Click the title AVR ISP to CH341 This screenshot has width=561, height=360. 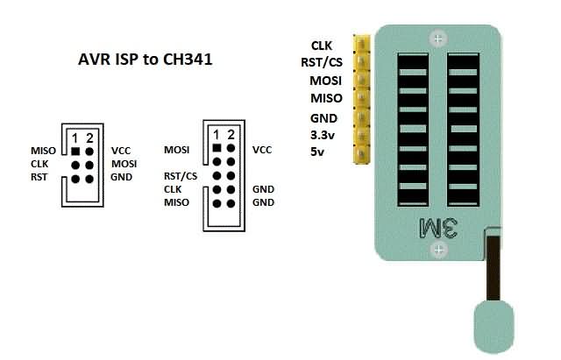coord(146,60)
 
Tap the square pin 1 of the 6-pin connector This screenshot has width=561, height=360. coord(75,152)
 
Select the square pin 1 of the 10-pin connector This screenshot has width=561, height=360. coord(217,148)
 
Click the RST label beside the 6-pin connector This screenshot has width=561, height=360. coord(39,177)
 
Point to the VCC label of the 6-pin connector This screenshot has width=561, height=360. coord(121,151)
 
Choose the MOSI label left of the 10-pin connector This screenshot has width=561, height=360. coord(177,150)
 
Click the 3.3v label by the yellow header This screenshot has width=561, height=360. coord(323,135)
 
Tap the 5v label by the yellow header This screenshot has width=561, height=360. coord(317,152)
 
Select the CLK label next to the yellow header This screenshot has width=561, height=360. coord(322,46)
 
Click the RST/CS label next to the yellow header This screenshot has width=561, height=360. coord(322,62)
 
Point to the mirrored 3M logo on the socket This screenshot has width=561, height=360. coord(438,228)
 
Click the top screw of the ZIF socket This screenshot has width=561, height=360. coord(438,39)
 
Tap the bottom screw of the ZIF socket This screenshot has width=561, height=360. coord(438,249)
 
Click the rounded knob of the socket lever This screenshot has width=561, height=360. coord(494,327)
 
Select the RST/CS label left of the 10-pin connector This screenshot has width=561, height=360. coord(181,176)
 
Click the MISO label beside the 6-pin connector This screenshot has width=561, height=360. coord(43,151)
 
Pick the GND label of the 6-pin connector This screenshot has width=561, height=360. coord(121,177)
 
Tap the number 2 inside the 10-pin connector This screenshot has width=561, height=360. coord(231,135)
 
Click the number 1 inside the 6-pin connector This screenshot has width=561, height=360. coord(75,138)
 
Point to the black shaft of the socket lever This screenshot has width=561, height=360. coord(494,267)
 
